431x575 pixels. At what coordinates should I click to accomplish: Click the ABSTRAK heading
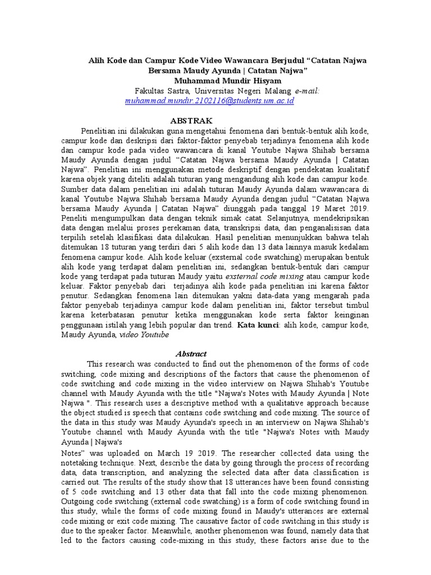[191, 121]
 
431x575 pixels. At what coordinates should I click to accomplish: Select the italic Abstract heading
[191, 354]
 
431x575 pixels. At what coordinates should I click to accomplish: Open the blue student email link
[202, 101]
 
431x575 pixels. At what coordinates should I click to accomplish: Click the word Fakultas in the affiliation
[151, 91]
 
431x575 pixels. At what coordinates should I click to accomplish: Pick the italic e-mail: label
[308, 91]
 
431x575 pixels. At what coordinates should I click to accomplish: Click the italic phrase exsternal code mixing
[266, 276]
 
